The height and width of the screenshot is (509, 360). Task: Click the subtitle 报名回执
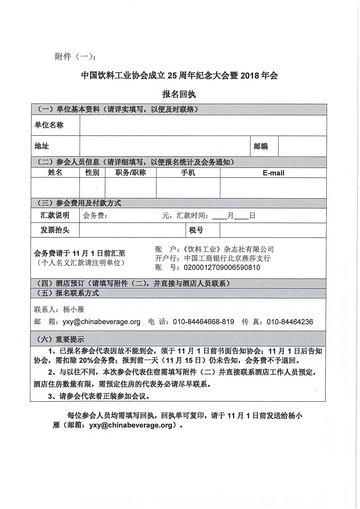tap(179, 94)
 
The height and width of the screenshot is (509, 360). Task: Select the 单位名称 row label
tap(49, 125)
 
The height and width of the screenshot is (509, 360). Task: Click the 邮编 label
tap(261, 146)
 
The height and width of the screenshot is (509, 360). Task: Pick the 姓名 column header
tap(55, 173)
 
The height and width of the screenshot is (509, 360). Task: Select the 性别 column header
tap(92, 173)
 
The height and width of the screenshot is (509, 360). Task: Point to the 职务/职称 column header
tap(131, 173)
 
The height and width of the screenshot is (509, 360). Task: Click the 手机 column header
tap(188, 173)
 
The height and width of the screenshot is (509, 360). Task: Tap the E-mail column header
tap(273, 173)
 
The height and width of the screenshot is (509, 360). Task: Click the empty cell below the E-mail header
tap(273, 188)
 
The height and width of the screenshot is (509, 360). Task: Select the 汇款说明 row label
tap(55, 215)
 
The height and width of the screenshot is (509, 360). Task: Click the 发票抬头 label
tap(55, 230)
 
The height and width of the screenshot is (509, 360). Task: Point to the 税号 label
tap(196, 230)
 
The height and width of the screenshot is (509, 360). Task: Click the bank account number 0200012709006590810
tap(222, 268)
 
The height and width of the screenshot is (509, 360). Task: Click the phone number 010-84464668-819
tap(203, 322)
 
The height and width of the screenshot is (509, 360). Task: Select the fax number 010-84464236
tap(290, 322)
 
